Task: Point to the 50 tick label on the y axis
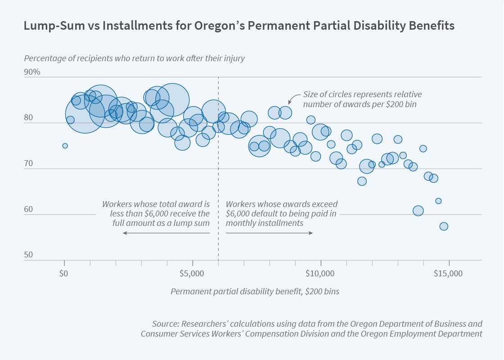point(29,255)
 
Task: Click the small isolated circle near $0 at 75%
point(65,146)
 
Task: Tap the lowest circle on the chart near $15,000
point(444,226)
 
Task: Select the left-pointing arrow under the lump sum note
point(166,233)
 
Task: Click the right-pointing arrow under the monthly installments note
point(269,233)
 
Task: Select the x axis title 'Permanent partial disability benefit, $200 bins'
point(255,291)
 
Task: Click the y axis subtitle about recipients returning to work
point(134,58)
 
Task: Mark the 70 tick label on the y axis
point(29,163)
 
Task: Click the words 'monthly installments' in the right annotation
point(265,223)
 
